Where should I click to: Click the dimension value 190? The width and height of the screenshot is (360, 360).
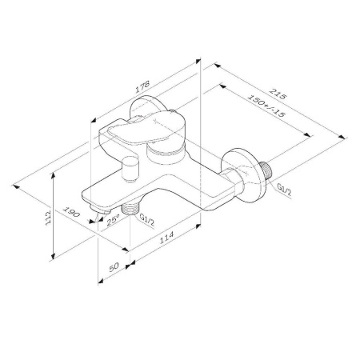tap(70, 214)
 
